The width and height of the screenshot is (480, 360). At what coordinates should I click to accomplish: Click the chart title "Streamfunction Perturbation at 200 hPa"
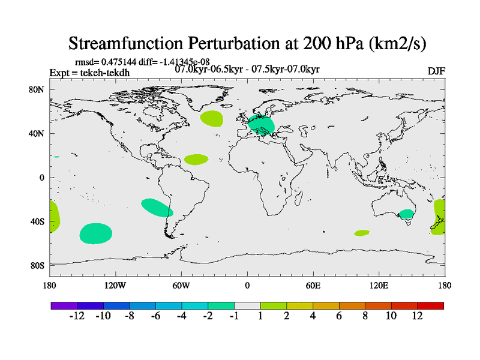247,43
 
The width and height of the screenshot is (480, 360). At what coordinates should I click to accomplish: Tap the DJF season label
436,71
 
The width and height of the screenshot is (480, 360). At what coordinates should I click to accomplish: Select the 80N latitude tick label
38,89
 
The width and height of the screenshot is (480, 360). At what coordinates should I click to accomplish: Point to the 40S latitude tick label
38,221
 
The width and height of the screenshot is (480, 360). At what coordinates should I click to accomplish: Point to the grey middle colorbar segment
247,305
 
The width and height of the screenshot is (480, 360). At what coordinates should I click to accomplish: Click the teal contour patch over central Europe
262,125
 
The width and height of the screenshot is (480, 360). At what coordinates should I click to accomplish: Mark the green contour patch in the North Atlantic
211,118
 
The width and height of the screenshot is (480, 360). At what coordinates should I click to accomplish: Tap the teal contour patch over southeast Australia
407,214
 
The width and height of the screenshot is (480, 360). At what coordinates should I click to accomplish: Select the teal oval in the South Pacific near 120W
96,233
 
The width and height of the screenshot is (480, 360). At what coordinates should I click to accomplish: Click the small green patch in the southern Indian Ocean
362,233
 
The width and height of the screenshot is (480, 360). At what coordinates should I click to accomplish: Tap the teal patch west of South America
157,207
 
